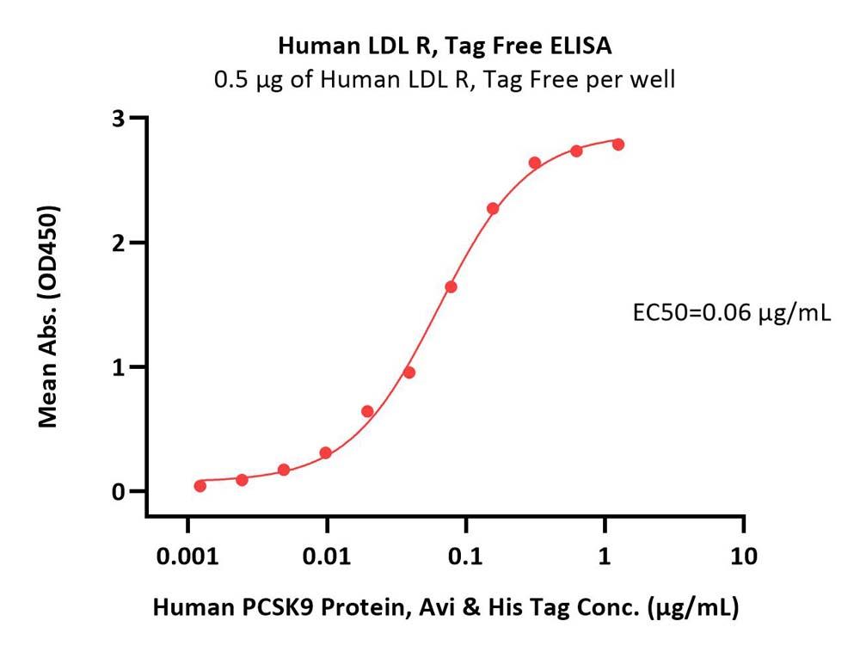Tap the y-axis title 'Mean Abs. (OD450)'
click(x=49, y=317)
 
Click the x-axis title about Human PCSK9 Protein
click(x=445, y=608)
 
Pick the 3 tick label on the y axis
click(x=119, y=118)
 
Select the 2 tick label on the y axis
click(x=119, y=243)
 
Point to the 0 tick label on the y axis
click(x=119, y=492)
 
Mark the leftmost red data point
click(x=200, y=486)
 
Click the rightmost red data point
click(x=618, y=145)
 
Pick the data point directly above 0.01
click(x=326, y=453)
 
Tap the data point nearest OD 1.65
click(x=451, y=287)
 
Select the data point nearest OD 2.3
click(x=493, y=209)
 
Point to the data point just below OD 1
click(x=409, y=372)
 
